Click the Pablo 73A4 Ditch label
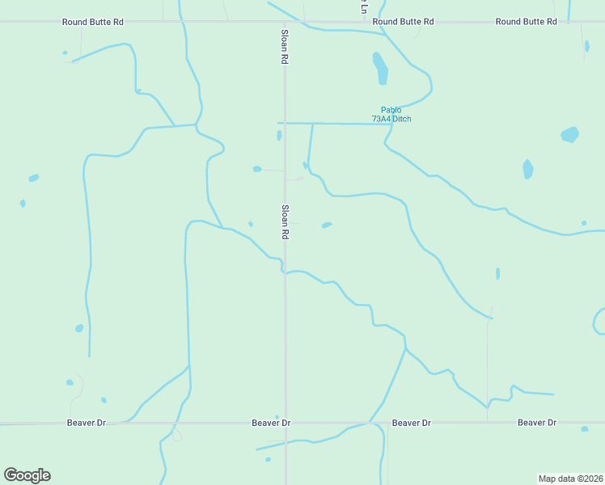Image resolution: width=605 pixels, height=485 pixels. point(391,115)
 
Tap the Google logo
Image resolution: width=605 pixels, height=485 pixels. point(27,475)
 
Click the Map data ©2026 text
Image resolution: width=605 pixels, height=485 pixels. point(571,479)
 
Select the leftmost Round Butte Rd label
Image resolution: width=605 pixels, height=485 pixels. point(93,22)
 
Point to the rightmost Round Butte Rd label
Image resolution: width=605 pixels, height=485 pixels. point(527,22)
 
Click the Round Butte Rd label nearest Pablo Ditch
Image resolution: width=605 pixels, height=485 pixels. point(404,22)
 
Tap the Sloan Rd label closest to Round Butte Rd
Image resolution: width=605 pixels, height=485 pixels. point(285,48)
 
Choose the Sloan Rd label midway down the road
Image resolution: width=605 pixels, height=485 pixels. point(285,221)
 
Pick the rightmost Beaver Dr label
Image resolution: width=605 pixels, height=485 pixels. point(537,423)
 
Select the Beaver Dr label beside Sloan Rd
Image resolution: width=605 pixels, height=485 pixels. point(271,423)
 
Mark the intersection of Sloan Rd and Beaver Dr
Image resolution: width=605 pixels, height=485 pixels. point(286,423)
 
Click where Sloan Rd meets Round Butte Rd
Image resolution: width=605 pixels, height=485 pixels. point(285,22)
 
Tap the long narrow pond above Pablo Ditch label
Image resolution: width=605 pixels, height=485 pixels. point(380,68)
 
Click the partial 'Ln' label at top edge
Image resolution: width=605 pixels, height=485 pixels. point(363,6)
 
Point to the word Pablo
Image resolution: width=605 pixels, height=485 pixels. point(391,110)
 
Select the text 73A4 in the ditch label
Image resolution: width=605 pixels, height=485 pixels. point(381,120)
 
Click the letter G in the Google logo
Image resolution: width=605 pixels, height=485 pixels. point(11,474)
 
